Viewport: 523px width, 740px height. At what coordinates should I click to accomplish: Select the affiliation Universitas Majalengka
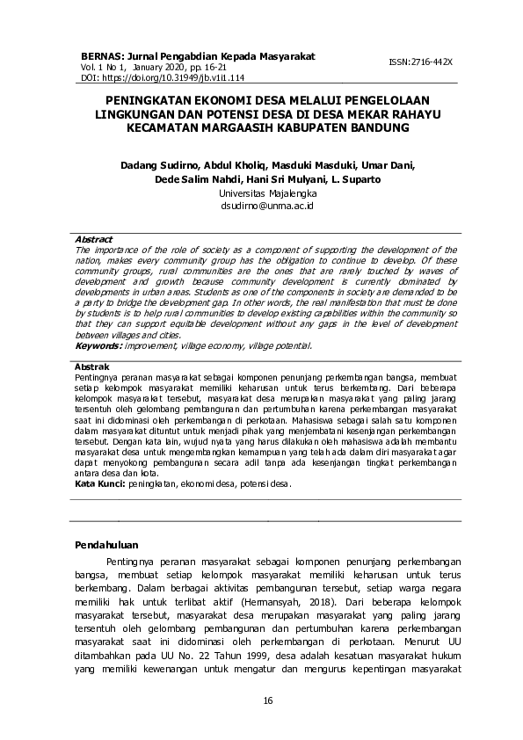(261, 192)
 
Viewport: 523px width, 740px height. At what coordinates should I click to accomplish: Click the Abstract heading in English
(94, 239)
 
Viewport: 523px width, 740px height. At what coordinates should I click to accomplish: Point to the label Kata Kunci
(99, 483)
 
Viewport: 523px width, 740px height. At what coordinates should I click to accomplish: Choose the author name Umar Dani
(391, 164)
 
